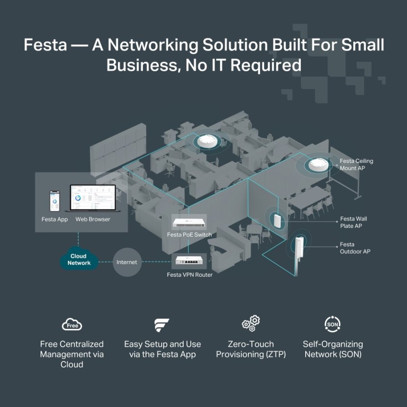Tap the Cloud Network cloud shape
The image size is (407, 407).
pos(79,259)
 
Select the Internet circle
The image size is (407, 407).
pos(127,262)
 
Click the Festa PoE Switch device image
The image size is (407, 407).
pos(189,223)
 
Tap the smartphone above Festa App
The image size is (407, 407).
pos(55,201)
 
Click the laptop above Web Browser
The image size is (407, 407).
pos(93,199)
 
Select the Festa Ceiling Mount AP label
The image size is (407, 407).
pos(356,165)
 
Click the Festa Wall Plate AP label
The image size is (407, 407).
pos(353,222)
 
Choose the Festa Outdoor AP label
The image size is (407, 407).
pos(355,248)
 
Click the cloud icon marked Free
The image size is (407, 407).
pos(72,325)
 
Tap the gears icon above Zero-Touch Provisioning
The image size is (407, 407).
pos(251,323)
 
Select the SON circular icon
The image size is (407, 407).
pos(333,324)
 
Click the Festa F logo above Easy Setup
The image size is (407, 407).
pos(162,325)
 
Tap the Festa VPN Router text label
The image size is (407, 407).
pos(189,274)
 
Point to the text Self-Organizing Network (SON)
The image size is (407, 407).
pos(333,349)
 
